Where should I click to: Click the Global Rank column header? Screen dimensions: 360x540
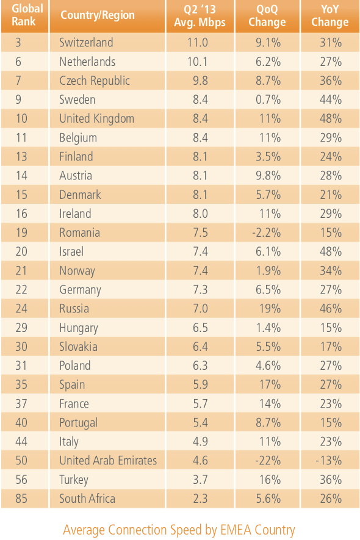27,15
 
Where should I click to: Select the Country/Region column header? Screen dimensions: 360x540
98,15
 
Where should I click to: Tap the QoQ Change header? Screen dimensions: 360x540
267,16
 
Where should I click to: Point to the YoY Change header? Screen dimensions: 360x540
330,16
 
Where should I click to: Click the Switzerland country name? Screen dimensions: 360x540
86,42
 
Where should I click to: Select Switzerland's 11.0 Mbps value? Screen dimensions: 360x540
198,42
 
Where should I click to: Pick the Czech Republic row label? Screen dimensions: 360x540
95,81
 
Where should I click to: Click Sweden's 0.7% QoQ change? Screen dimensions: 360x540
268,99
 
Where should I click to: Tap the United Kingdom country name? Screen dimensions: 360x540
97,118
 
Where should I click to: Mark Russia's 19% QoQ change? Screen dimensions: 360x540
270,309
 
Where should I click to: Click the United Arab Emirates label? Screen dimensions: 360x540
108,461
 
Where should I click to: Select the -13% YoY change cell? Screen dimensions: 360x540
329,461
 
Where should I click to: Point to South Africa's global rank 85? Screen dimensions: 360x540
21,499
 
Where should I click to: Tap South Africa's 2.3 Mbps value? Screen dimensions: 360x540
200,499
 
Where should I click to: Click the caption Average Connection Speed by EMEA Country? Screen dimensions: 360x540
179,530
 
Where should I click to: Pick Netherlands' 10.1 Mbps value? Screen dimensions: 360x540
198,62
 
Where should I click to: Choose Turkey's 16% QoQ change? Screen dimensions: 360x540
270,480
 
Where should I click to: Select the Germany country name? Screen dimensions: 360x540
81,290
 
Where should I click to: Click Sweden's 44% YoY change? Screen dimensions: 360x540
331,99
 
